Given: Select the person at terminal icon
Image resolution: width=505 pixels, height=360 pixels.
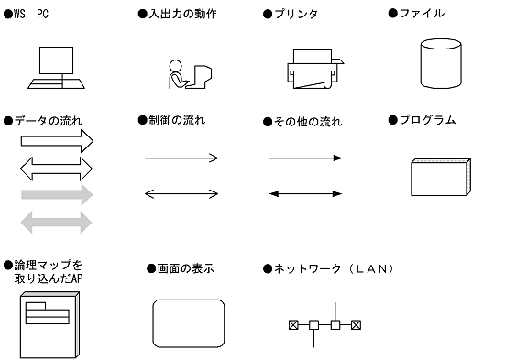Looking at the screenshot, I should pyautogui.click(x=191, y=72).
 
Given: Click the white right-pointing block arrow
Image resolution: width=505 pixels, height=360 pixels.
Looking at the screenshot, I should pyautogui.click(x=57, y=140).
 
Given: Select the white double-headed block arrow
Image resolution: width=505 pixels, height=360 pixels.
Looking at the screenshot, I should pyautogui.click(x=57, y=167).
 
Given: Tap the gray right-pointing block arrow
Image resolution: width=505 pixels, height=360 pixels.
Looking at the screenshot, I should pyautogui.click(x=57, y=194).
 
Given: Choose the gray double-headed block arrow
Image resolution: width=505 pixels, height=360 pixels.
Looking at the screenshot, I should pyautogui.click(x=57, y=221).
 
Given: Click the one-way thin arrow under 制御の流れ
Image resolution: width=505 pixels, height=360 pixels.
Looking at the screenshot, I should pyautogui.click(x=181, y=158).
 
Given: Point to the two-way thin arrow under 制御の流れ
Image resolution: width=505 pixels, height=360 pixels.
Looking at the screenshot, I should pyautogui.click(x=181, y=193).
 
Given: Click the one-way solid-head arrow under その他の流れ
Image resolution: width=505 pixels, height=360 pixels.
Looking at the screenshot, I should pyautogui.click(x=305, y=158).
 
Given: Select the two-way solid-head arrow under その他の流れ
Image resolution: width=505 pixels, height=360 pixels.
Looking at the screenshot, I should pyautogui.click(x=305, y=193).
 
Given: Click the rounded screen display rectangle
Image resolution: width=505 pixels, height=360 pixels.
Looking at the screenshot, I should pyautogui.click(x=188, y=322).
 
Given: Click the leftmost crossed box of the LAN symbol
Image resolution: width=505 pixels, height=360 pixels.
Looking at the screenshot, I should pyautogui.click(x=293, y=324).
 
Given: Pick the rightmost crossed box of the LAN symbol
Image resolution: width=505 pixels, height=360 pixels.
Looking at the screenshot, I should pyautogui.click(x=357, y=324).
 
